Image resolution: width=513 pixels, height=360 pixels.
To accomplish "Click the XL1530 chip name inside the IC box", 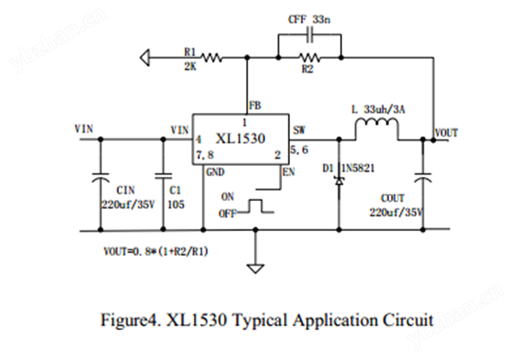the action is pyautogui.click(x=240, y=139).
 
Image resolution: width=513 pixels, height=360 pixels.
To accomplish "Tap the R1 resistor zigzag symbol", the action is pyautogui.click(x=212, y=58).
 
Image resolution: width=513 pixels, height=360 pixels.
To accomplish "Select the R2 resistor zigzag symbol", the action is pyautogui.click(x=310, y=58).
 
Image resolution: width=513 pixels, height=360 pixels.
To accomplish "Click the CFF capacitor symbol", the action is pyautogui.click(x=310, y=34).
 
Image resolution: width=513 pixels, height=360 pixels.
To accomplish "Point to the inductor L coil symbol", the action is pyautogui.click(x=377, y=124).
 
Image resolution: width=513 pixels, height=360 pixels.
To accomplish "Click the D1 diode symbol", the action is pyautogui.click(x=339, y=181).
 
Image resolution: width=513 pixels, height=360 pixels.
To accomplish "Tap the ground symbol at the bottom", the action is pyautogui.click(x=256, y=269).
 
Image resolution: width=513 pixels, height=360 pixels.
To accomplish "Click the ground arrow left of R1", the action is pyautogui.click(x=145, y=58).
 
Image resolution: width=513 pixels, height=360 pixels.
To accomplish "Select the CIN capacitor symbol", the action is pyautogui.click(x=100, y=177).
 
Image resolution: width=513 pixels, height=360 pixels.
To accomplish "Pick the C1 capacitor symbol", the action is pyautogui.click(x=163, y=176).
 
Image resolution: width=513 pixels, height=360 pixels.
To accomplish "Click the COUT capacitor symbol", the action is pyautogui.click(x=422, y=177).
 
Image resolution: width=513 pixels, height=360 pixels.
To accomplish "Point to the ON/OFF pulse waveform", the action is pyautogui.click(x=256, y=206).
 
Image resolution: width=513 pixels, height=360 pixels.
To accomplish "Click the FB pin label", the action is pyautogui.click(x=255, y=106).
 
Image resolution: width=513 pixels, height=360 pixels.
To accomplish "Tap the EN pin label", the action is pyautogui.click(x=289, y=172).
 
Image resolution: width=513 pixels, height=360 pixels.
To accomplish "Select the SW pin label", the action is pyautogui.click(x=298, y=130).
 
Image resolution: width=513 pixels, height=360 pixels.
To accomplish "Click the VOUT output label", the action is pyautogui.click(x=446, y=133).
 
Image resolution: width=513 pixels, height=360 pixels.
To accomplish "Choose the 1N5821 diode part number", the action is pyautogui.click(x=357, y=168).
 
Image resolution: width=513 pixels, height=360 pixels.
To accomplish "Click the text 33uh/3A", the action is pyautogui.click(x=384, y=109).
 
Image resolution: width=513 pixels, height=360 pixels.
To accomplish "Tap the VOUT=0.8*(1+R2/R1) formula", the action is pyautogui.click(x=156, y=251).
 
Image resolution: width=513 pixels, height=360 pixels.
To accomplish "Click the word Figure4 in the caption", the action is pyautogui.click(x=131, y=320).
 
